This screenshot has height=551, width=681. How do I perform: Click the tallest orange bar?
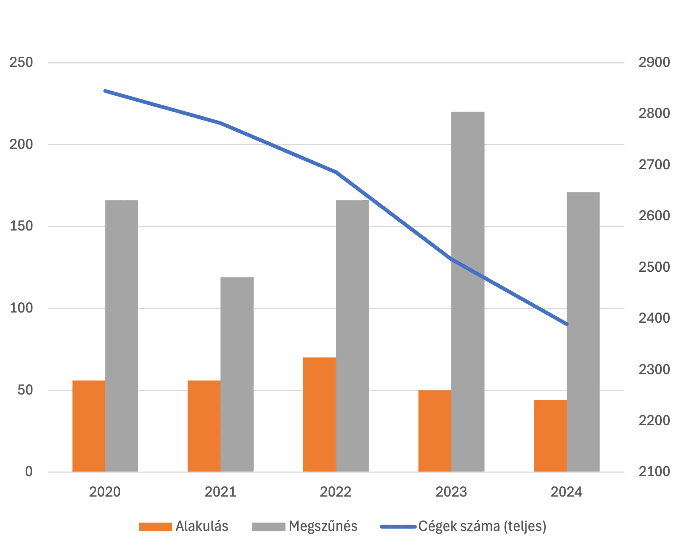[319, 414]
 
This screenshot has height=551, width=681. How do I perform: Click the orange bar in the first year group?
[88, 425]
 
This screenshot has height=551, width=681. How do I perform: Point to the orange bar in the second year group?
[204, 425]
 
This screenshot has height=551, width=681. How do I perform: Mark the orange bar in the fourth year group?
[434, 431]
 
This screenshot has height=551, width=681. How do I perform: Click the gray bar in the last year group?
[584, 331]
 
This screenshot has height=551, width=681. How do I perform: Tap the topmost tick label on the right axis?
[654, 63]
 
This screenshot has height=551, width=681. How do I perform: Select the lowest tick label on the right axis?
[654, 472]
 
